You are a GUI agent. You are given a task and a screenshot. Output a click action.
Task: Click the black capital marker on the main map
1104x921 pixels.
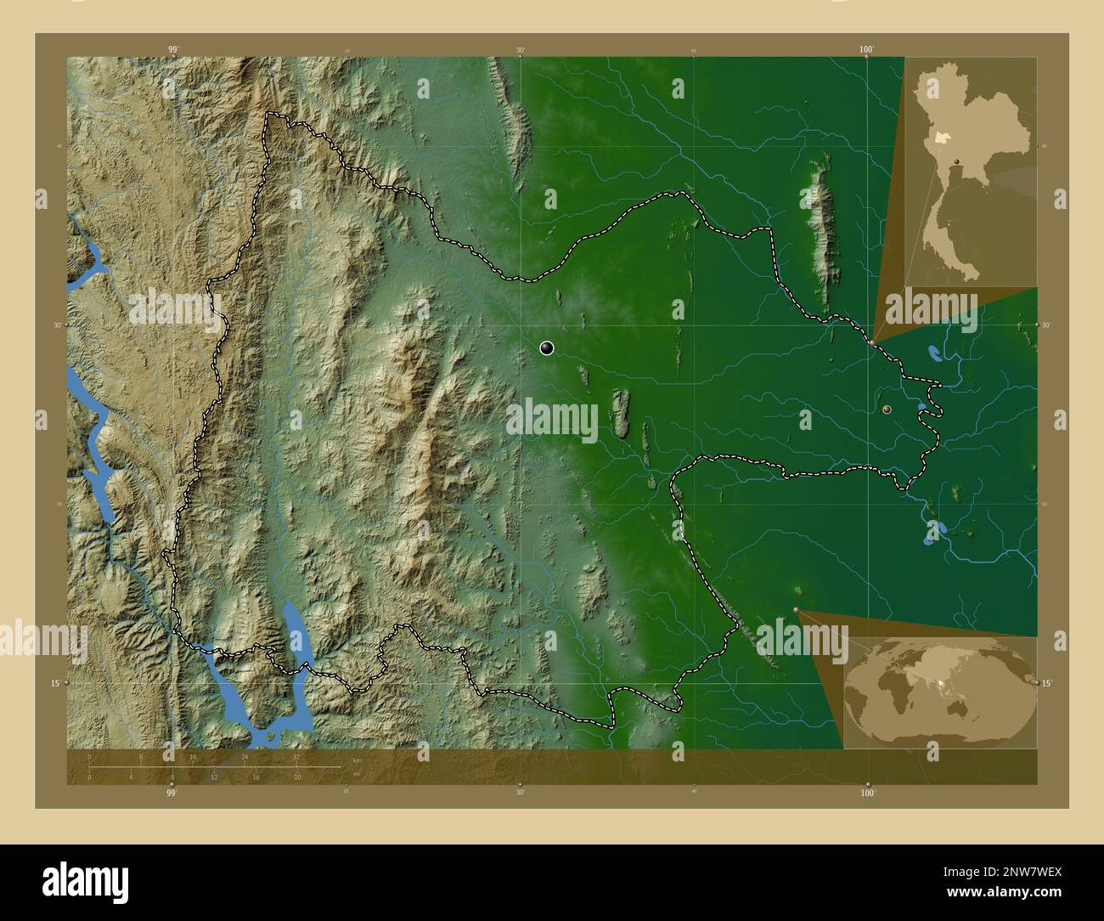547,347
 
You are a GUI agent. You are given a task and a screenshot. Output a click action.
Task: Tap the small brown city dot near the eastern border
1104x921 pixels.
887,410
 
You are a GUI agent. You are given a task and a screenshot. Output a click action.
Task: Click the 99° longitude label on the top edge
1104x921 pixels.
172,50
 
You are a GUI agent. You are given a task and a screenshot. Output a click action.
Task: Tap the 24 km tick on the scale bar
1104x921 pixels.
245,756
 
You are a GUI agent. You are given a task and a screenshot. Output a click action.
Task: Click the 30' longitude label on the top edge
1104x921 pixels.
520,50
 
